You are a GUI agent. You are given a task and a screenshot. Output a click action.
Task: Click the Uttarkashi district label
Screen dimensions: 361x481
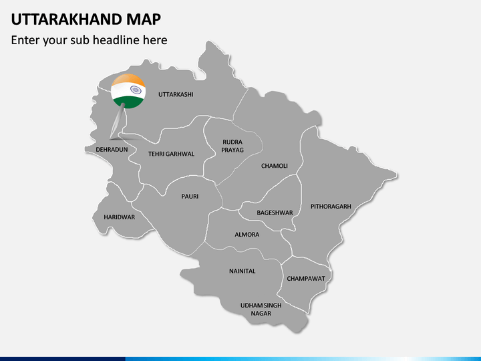pos(176,94)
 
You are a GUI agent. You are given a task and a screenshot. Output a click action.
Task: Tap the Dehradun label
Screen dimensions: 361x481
pos(112,149)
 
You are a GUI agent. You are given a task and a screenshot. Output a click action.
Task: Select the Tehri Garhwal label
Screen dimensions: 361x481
pos(171,154)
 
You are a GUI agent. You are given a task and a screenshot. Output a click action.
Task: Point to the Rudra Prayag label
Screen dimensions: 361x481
pos(232,146)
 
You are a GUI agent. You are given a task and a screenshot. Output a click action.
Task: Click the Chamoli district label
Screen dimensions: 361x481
pos(275,165)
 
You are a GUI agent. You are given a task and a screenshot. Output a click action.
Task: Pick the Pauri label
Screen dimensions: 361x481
pos(190,197)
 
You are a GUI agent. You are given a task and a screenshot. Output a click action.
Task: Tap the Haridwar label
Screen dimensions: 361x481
pos(120,217)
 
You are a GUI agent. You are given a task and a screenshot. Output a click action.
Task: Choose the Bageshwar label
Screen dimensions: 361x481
pos(275,213)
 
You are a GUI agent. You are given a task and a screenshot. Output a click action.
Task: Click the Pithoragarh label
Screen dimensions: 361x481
pos(331,207)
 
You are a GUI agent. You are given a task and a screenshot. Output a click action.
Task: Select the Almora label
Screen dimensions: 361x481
pos(247,235)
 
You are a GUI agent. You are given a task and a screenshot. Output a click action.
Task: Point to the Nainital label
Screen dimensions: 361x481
pos(243,271)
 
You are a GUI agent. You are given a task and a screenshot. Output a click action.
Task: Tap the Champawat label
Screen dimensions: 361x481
pos(306,278)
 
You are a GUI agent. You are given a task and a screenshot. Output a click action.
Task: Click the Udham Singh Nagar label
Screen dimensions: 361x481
pos(261,309)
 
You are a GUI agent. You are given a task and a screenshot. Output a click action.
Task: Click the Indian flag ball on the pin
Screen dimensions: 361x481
pos(128,91)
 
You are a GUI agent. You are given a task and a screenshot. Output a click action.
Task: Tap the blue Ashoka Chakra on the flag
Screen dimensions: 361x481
pos(136,90)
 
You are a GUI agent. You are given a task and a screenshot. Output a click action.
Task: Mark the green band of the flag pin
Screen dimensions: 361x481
pos(128,102)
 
